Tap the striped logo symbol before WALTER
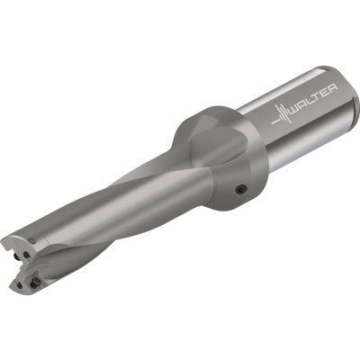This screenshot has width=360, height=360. point(280,116)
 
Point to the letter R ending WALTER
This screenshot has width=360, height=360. point(332,88)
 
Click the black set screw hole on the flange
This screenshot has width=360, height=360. point(241,189)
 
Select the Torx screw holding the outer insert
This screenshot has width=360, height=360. point(36,281)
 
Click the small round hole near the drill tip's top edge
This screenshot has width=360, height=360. point(32,240)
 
